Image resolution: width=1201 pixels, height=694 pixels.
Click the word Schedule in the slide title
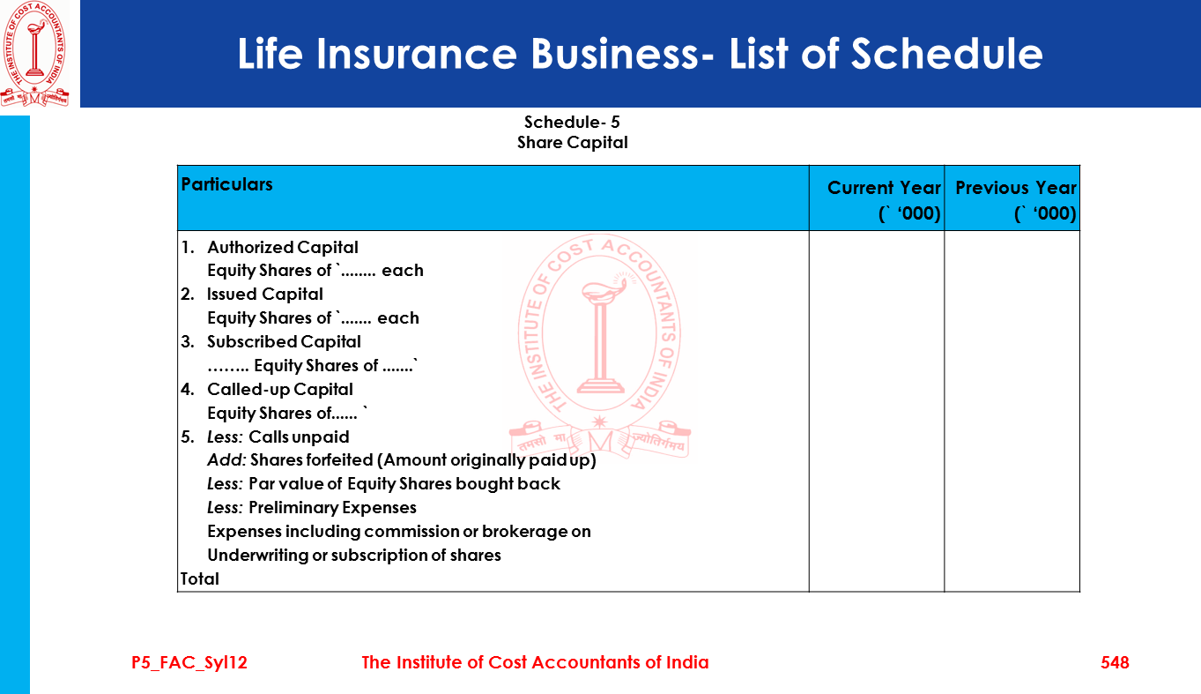(946, 54)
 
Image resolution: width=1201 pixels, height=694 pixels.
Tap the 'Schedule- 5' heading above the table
(572, 123)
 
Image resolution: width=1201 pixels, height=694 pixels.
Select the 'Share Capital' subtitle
(572, 143)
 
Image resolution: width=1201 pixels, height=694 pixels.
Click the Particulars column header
(226, 184)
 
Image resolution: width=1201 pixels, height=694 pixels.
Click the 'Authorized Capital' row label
(282, 248)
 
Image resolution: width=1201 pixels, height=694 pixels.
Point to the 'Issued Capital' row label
(264, 295)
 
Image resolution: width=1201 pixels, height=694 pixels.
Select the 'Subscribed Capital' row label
(284, 342)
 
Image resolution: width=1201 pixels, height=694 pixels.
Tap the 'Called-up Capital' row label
(279, 390)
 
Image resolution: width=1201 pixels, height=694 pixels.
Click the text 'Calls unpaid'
(299, 437)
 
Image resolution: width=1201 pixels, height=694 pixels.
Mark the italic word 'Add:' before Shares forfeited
(226, 460)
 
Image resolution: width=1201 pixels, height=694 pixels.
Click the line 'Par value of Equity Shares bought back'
(404, 484)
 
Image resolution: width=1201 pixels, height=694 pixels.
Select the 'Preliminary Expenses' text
(332, 508)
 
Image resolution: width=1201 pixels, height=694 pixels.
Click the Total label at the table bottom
(200, 579)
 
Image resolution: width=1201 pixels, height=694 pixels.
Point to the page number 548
(1115, 662)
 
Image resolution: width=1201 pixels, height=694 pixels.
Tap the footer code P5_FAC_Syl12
(189, 662)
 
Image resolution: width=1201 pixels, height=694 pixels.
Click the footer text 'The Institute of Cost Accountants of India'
(535, 662)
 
